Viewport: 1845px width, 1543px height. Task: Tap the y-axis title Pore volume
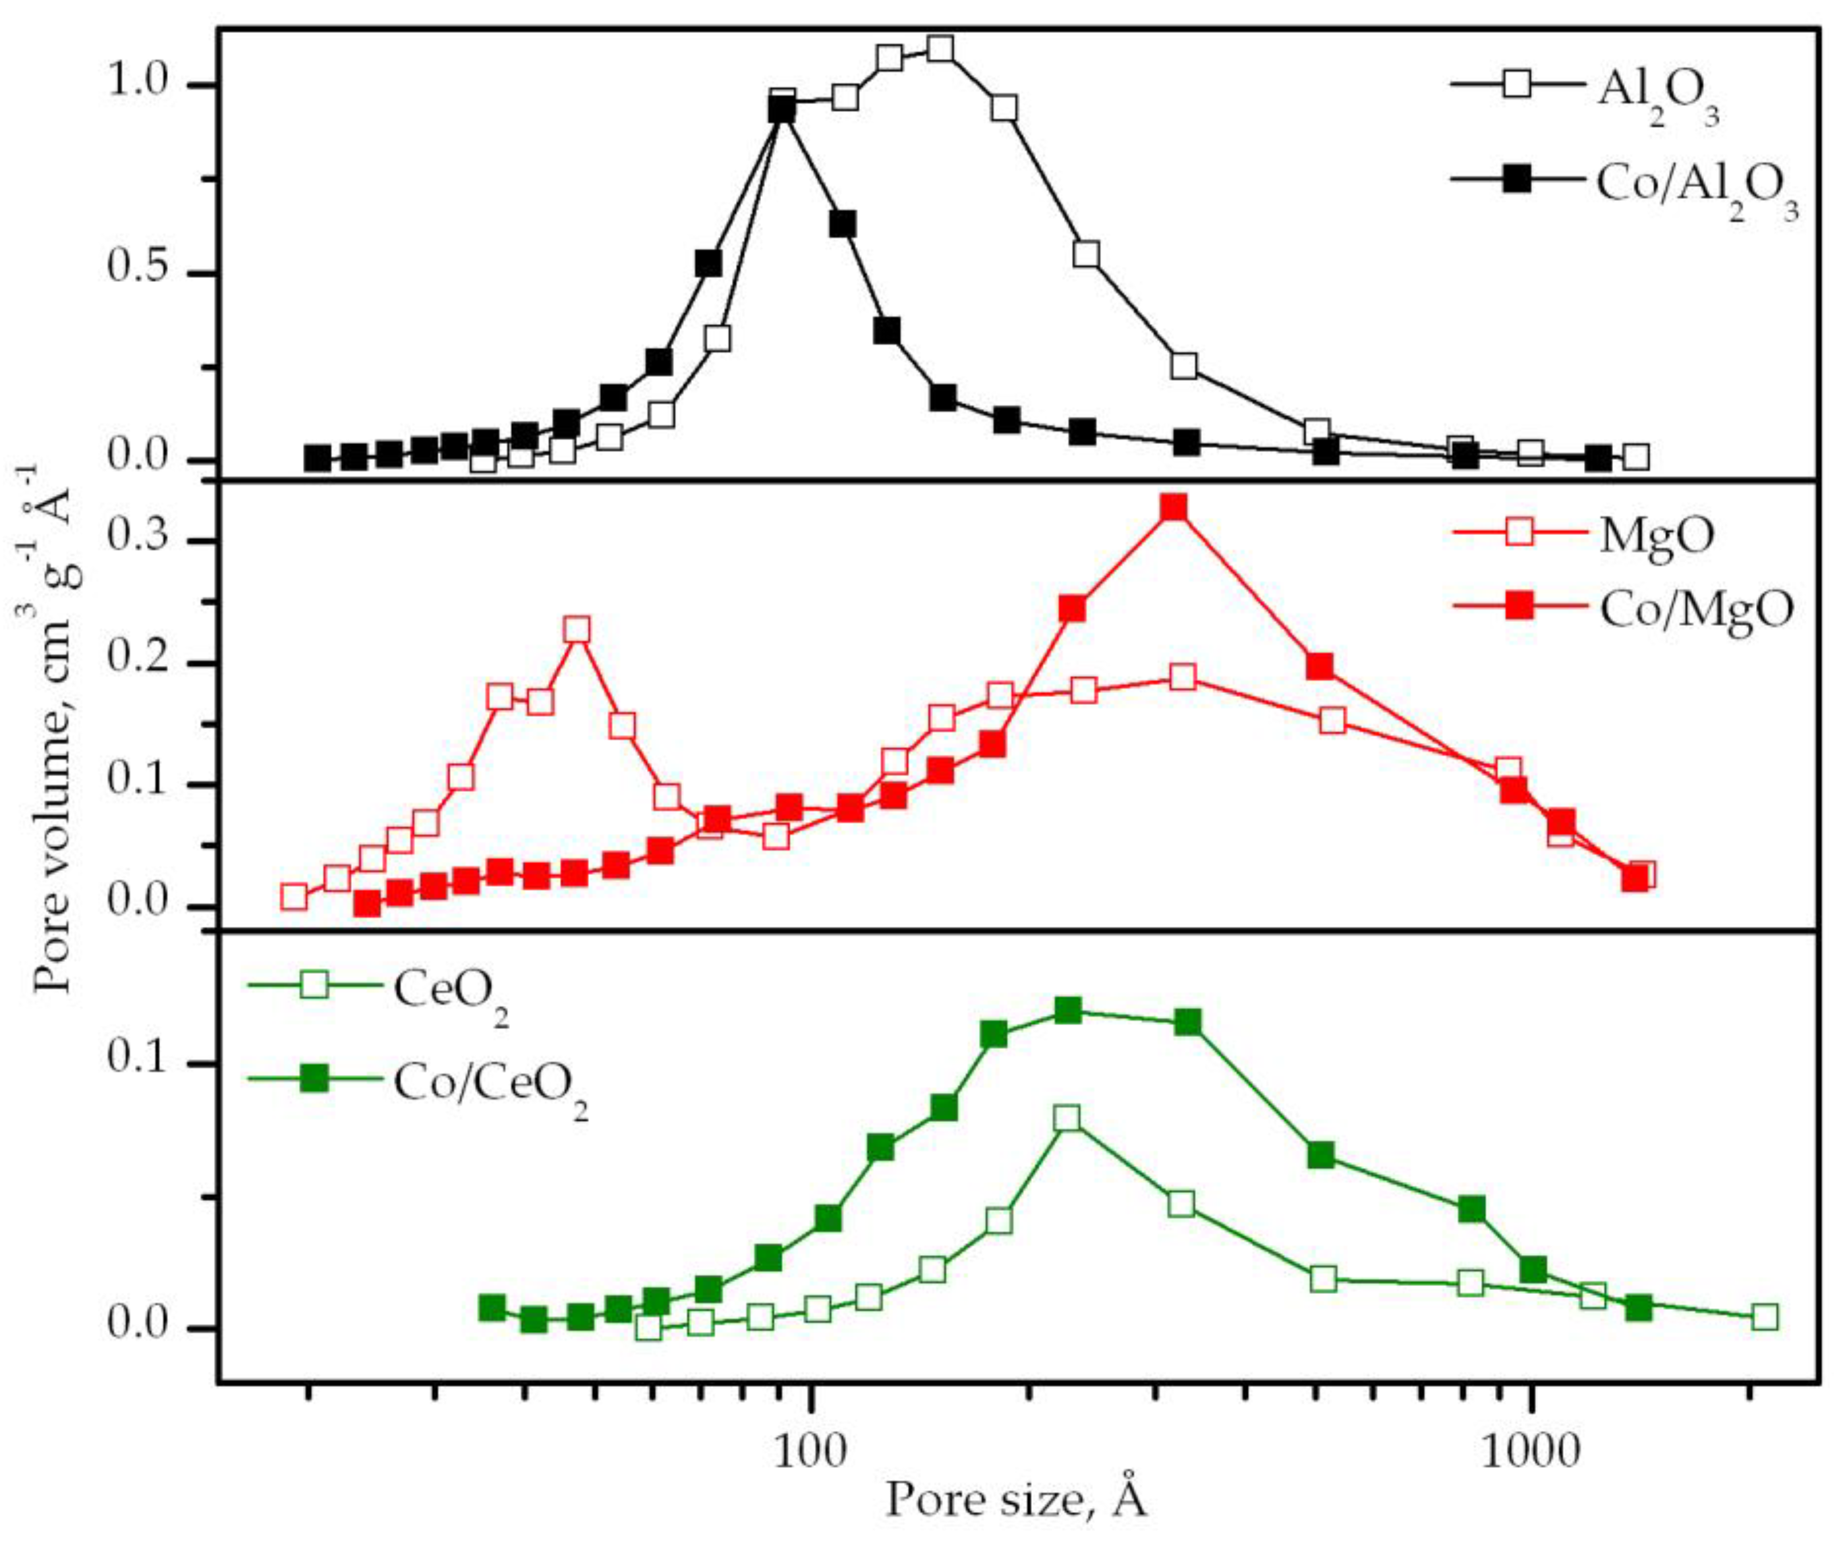[55, 729]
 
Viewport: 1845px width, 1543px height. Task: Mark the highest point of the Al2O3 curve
[940, 48]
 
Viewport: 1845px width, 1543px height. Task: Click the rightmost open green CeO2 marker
[1765, 1317]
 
